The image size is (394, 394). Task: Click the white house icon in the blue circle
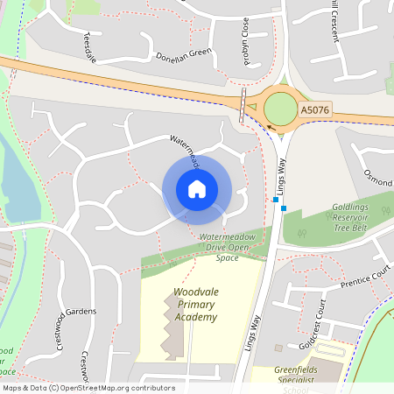[x=197, y=189]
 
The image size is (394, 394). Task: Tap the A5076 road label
[x=315, y=110]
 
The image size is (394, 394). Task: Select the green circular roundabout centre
[x=281, y=109]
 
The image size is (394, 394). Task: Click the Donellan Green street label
[x=182, y=52]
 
